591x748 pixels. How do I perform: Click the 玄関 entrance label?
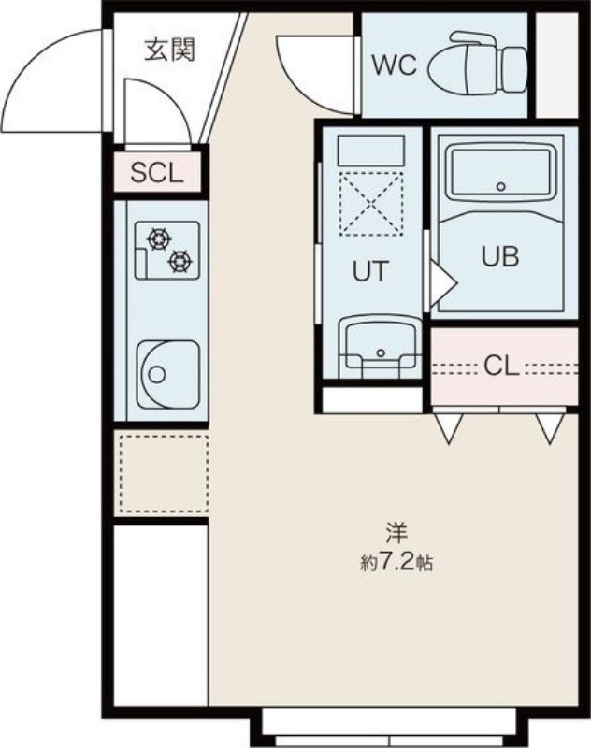click(x=169, y=50)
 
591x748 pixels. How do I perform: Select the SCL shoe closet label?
click(x=157, y=173)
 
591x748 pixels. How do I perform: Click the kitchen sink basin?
click(x=166, y=374)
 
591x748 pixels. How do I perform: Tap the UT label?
click(x=369, y=272)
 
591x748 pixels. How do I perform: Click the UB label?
click(x=499, y=256)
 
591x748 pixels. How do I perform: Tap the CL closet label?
click(x=501, y=367)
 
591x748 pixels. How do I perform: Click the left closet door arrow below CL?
click(x=450, y=426)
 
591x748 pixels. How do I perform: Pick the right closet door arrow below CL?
click(x=550, y=426)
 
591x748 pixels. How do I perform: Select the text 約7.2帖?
click(x=396, y=564)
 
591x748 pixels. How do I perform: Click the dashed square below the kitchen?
click(x=161, y=474)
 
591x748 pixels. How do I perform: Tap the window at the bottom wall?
click(x=388, y=723)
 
